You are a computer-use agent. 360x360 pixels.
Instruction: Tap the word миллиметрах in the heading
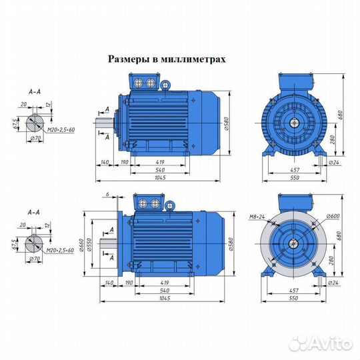pyautogui.click(x=193, y=59)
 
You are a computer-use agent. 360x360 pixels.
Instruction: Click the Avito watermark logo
pyautogui.click(x=321, y=343)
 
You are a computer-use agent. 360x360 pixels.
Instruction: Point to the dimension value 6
pyautogui.click(x=107, y=194)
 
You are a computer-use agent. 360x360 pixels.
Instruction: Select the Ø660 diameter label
pyautogui.click(x=81, y=245)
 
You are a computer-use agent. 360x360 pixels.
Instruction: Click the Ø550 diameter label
pyautogui.click(x=89, y=245)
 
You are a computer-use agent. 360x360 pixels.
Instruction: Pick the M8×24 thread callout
pyautogui.click(x=257, y=217)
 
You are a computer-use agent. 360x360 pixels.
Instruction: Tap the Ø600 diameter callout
pyautogui.click(x=333, y=216)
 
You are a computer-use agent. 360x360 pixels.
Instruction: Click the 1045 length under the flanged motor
pyautogui.click(x=165, y=298)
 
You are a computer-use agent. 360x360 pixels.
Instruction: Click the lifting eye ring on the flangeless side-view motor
pyautogui.click(x=165, y=85)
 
